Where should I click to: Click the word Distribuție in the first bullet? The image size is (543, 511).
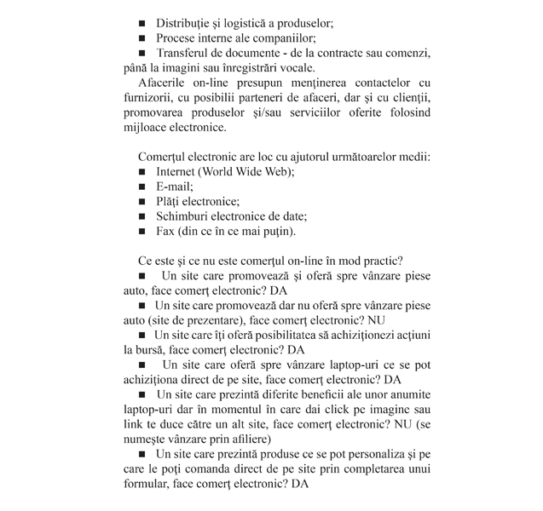[190, 21]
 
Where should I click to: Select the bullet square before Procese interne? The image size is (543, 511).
[142, 38]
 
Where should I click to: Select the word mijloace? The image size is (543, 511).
[145, 129]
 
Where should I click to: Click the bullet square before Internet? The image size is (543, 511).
[142, 171]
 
